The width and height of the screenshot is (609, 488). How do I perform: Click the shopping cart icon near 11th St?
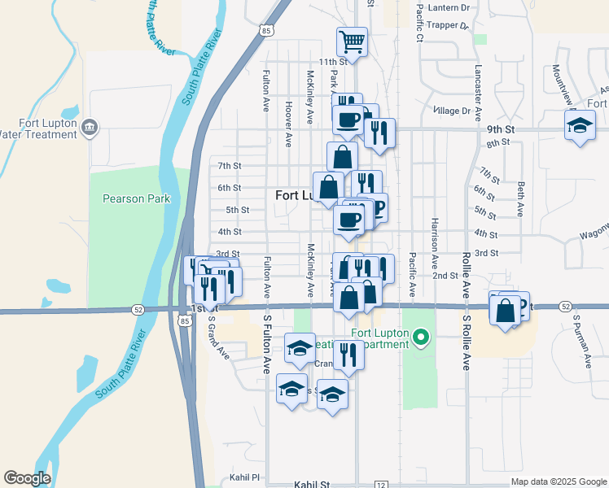point(352,41)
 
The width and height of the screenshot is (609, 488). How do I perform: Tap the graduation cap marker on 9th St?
point(581,126)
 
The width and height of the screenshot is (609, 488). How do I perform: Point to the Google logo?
point(27,478)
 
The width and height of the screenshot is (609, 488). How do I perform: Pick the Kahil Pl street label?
point(243,477)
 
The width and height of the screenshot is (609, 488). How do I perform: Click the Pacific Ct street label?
point(420,22)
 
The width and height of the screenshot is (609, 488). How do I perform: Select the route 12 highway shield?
point(381,485)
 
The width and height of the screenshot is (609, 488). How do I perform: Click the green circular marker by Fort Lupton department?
point(420,336)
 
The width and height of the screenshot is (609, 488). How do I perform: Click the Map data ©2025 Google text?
point(559,481)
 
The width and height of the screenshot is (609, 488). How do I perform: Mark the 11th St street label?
point(332,62)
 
